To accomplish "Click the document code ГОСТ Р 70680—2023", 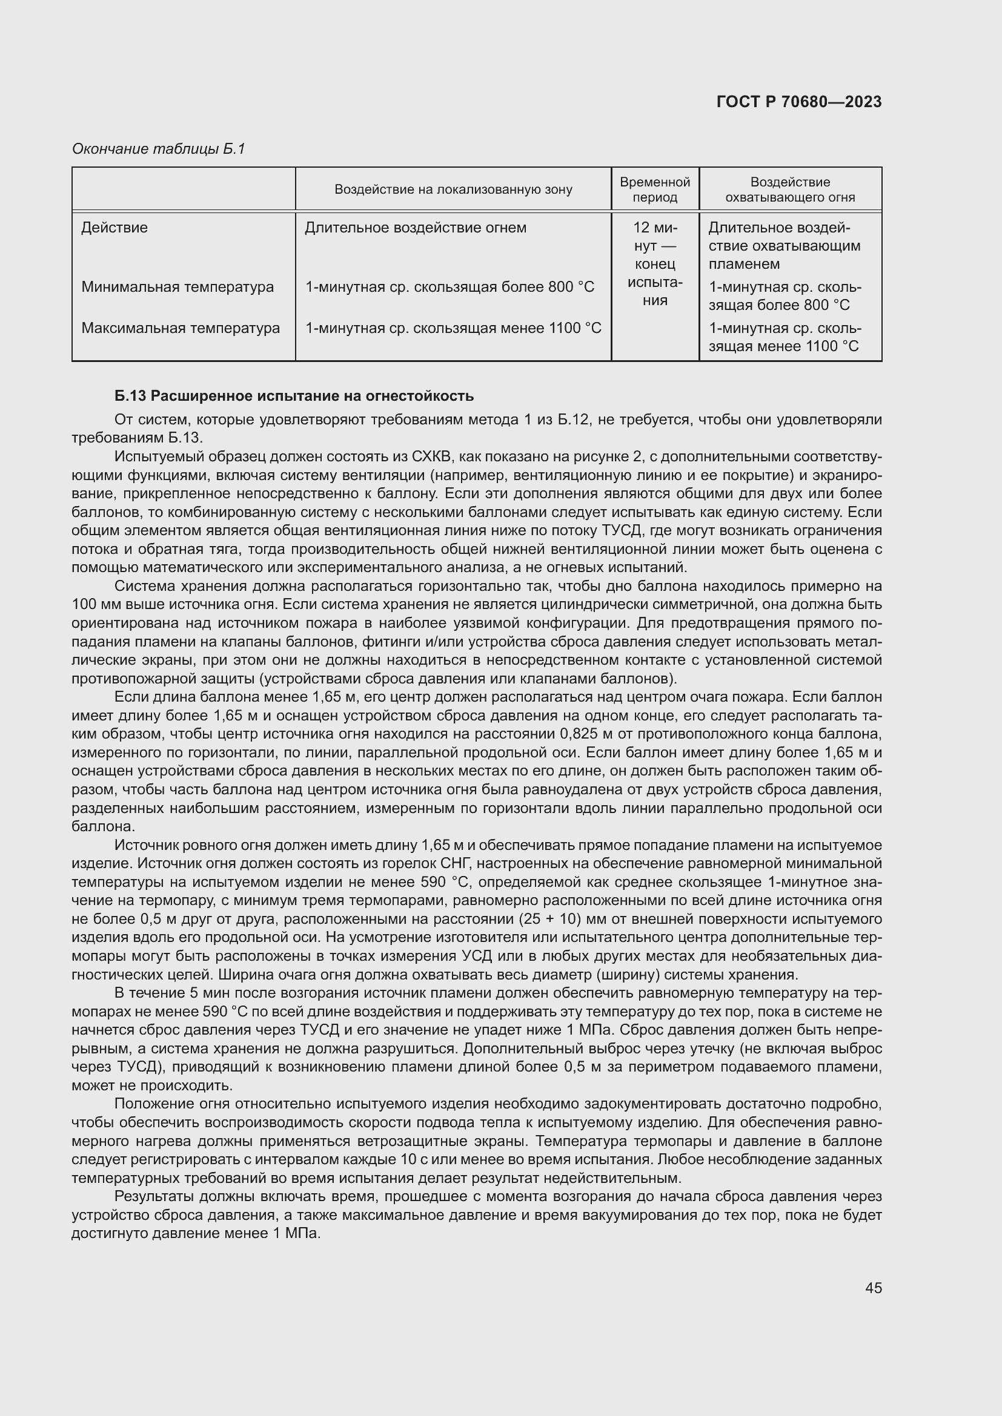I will pyautogui.click(x=799, y=102).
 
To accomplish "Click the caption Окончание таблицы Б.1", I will pyautogui.click(x=159, y=149).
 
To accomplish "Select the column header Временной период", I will pyautogui.click(x=655, y=189).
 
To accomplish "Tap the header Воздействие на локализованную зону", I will pyautogui.click(x=453, y=189).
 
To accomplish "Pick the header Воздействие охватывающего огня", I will pyautogui.click(x=790, y=189).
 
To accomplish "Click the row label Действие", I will pyautogui.click(x=114, y=228).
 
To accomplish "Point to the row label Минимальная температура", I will pyautogui.click(x=178, y=287).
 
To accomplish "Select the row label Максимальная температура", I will pyautogui.click(x=180, y=328).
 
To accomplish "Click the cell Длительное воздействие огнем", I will pyautogui.click(x=415, y=228).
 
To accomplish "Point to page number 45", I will pyautogui.click(x=873, y=1288).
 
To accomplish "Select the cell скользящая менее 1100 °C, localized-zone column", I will pyautogui.click(x=453, y=328).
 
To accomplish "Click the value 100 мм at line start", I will pyautogui.click(x=91, y=604).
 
